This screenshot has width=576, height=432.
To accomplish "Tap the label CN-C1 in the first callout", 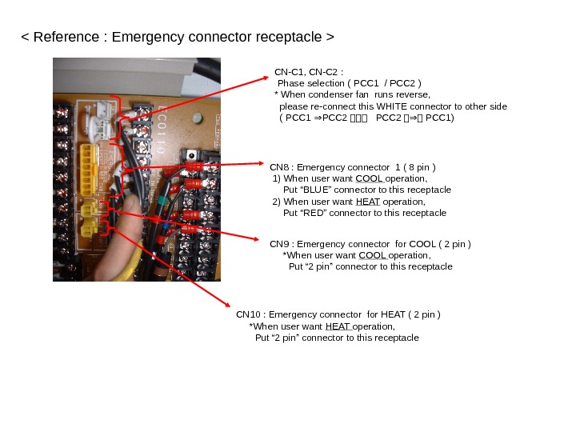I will click(x=288, y=71).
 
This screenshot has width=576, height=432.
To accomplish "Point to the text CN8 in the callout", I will click(x=280, y=168).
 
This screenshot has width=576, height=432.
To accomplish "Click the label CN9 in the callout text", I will click(x=280, y=244).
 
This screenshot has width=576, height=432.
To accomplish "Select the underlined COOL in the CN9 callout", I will click(x=373, y=255).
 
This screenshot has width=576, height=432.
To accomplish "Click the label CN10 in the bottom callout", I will click(x=249, y=314).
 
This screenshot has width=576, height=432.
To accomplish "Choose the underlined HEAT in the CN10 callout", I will click(x=338, y=326).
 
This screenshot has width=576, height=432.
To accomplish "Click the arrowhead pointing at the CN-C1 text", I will click(x=267, y=78).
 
